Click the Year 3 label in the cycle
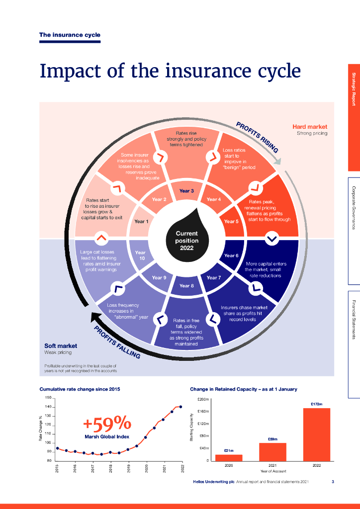pos(186,191)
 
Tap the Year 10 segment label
pos(140,255)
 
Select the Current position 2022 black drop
pos(186,238)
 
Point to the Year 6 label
pos(231,255)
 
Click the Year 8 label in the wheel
pos(186,286)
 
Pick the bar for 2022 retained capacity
pos(317,434)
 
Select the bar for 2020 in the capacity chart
pos(229,457)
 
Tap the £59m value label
pos(272,439)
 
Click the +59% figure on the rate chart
pos(107,423)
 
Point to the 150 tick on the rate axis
pos(48,398)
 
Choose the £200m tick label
pos(203,399)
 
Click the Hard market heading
pos(310,127)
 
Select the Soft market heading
pos(61,345)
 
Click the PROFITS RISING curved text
pos(257,137)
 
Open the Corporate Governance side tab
pos(354,204)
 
